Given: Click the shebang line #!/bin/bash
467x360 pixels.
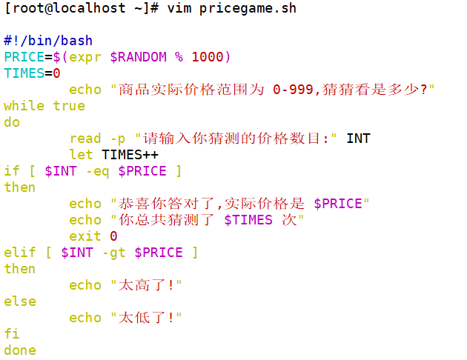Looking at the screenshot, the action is click(48, 41).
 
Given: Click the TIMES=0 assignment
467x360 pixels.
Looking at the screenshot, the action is click(32, 73).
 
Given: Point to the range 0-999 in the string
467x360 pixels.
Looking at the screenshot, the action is click(292, 90).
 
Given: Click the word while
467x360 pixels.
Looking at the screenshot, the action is click(24, 106).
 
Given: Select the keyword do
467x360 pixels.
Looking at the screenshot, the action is click(12, 122).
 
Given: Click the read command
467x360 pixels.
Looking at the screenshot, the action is click(85, 139).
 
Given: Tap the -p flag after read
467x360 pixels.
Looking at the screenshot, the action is click(118, 139).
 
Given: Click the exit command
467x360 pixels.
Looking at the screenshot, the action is click(85, 236).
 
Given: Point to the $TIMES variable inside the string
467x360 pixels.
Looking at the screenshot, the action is click(248, 220).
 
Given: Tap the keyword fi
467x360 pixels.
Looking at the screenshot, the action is click(12, 334).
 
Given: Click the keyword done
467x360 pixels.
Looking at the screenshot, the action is click(20, 350).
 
